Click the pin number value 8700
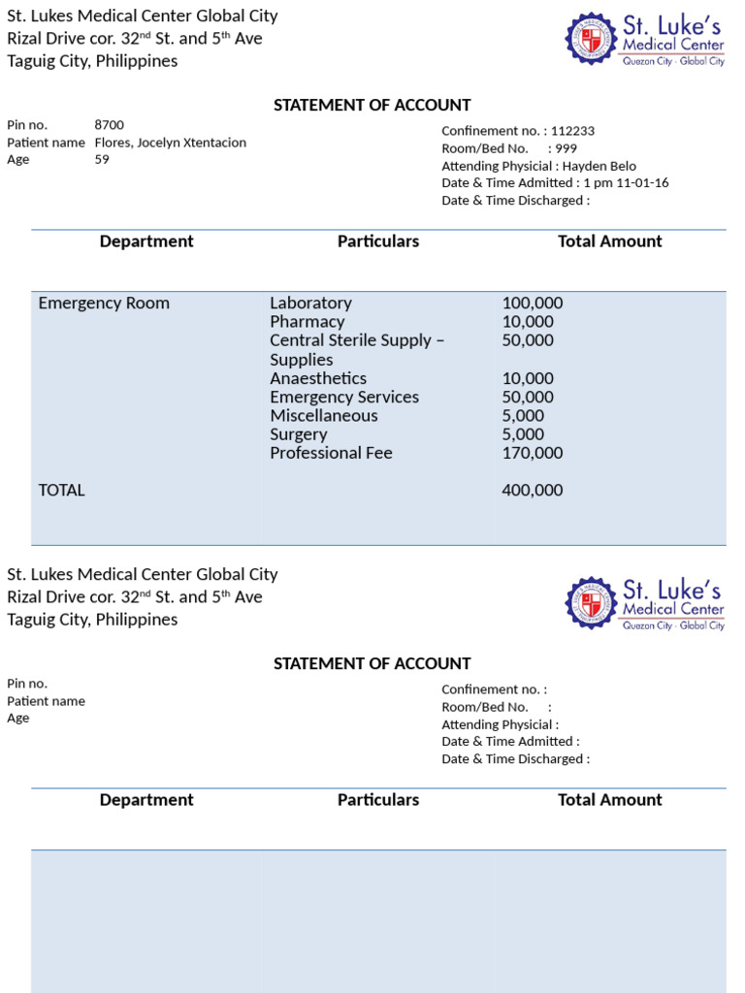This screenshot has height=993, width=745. (109, 125)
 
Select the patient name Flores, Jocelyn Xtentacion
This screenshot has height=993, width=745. (170, 143)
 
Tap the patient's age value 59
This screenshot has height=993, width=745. (102, 160)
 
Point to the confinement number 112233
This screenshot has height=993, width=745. (572, 131)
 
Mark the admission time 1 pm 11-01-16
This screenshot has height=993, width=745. (626, 183)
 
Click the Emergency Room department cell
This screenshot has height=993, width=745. (104, 304)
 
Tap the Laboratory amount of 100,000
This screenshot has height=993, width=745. (533, 304)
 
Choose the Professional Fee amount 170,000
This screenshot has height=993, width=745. (533, 453)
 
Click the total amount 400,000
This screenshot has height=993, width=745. (533, 491)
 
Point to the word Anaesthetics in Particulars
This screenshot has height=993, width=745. (318, 378)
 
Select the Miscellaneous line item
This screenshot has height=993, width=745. (324, 416)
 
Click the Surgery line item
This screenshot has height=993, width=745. (299, 434)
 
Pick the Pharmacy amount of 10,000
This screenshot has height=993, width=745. (528, 322)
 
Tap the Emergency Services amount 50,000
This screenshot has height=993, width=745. (528, 397)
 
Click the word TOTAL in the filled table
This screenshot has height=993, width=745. (61, 491)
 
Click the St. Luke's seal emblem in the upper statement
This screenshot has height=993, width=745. (591, 39)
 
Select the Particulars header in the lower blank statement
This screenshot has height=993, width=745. (378, 800)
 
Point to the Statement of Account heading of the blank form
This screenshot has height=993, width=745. (372, 664)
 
